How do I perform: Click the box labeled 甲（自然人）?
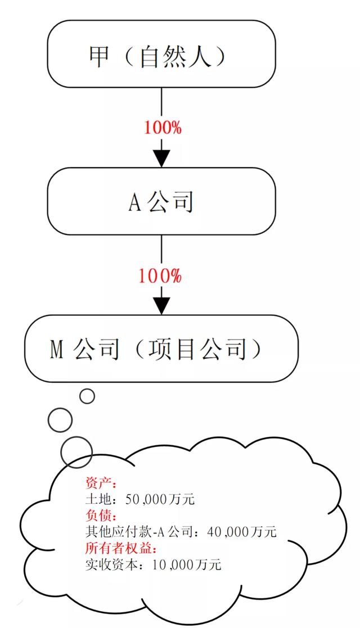click(x=161, y=53)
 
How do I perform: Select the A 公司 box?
click(x=161, y=201)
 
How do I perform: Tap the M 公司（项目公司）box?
click(x=161, y=349)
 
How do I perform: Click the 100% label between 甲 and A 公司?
click(x=163, y=128)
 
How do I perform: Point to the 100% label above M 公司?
click(x=160, y=276)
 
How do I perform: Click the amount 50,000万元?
click(x=160, y=499)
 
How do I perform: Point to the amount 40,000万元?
click(x=242, y=531)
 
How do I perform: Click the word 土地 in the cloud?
click(x=96, y=499)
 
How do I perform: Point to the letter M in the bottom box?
click(x=56, y=349)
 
